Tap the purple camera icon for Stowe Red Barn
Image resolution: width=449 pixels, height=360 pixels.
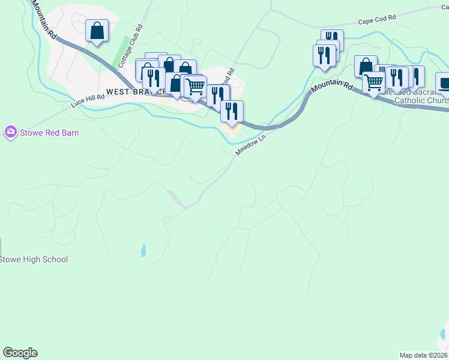point(10,132)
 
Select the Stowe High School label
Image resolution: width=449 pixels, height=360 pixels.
point(34,260)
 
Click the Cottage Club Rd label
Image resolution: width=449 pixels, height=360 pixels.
point(130,46)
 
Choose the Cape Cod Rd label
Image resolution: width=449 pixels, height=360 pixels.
point(377,19)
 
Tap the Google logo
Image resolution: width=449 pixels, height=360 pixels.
point(20,353)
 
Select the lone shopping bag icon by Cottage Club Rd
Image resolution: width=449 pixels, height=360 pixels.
point(97,30)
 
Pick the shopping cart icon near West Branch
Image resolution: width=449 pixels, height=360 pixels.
point(196,86)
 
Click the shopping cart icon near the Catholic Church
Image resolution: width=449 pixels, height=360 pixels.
point(373,82)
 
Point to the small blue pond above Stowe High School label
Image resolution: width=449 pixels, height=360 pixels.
point(143,250)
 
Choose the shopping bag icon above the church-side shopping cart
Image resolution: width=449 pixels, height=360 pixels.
point(365,65)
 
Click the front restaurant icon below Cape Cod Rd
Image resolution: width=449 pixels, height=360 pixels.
point(324,55)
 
